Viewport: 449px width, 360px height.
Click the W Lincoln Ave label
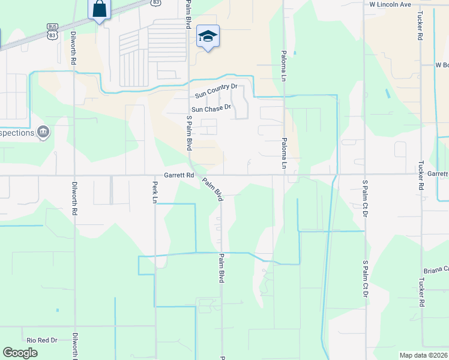click(390, 4)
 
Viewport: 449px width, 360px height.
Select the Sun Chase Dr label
click(211, 109)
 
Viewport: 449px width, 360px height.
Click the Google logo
click(20, 353)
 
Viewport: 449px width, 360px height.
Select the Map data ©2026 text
click(423, 355)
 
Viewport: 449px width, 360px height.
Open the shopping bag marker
click(100, 10)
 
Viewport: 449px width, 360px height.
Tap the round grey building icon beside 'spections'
click(43, 132)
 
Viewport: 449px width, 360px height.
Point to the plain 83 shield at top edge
click(156, 2)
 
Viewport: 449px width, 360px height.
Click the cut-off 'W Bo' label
click(442, 65)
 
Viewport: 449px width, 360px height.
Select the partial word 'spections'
click(17, 133)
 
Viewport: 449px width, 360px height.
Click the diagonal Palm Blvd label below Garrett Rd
click(212, 188)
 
